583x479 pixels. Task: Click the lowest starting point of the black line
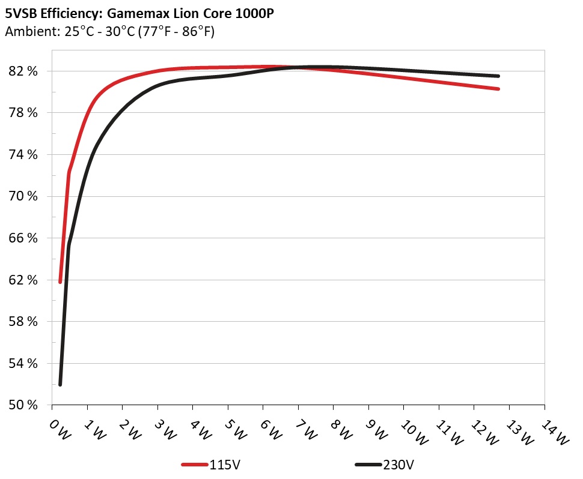[60, 384]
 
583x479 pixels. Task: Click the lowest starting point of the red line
[60, 282]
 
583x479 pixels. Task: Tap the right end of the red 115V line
[498, 89]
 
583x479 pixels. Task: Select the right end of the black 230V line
[498, 76]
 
